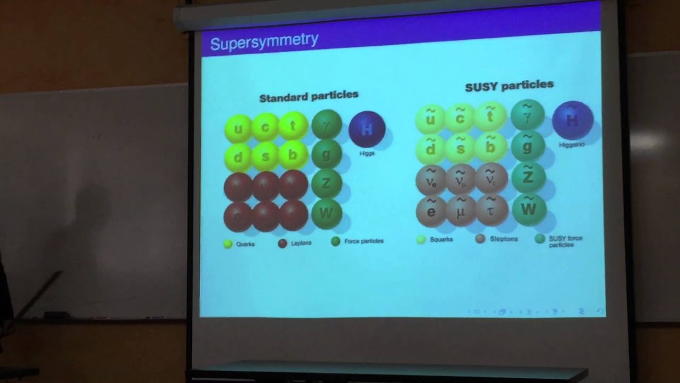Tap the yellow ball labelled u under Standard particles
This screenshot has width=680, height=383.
coord(238,129)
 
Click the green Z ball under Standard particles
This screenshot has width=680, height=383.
coord(326,184)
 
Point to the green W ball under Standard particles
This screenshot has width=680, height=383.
coord(326,213)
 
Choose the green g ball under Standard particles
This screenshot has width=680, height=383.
coord(326,155)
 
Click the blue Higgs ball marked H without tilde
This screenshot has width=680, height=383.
coord(367,129)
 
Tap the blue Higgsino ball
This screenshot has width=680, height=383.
coord(572,120)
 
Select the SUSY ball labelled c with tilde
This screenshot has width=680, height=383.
coord(460,118)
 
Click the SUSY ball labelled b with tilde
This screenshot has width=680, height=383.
coord(490,147)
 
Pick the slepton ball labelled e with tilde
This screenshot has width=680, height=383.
coord(431,210)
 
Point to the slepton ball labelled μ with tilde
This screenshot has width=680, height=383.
coord(461,210)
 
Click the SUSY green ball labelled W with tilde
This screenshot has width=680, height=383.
coord(529,209)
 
